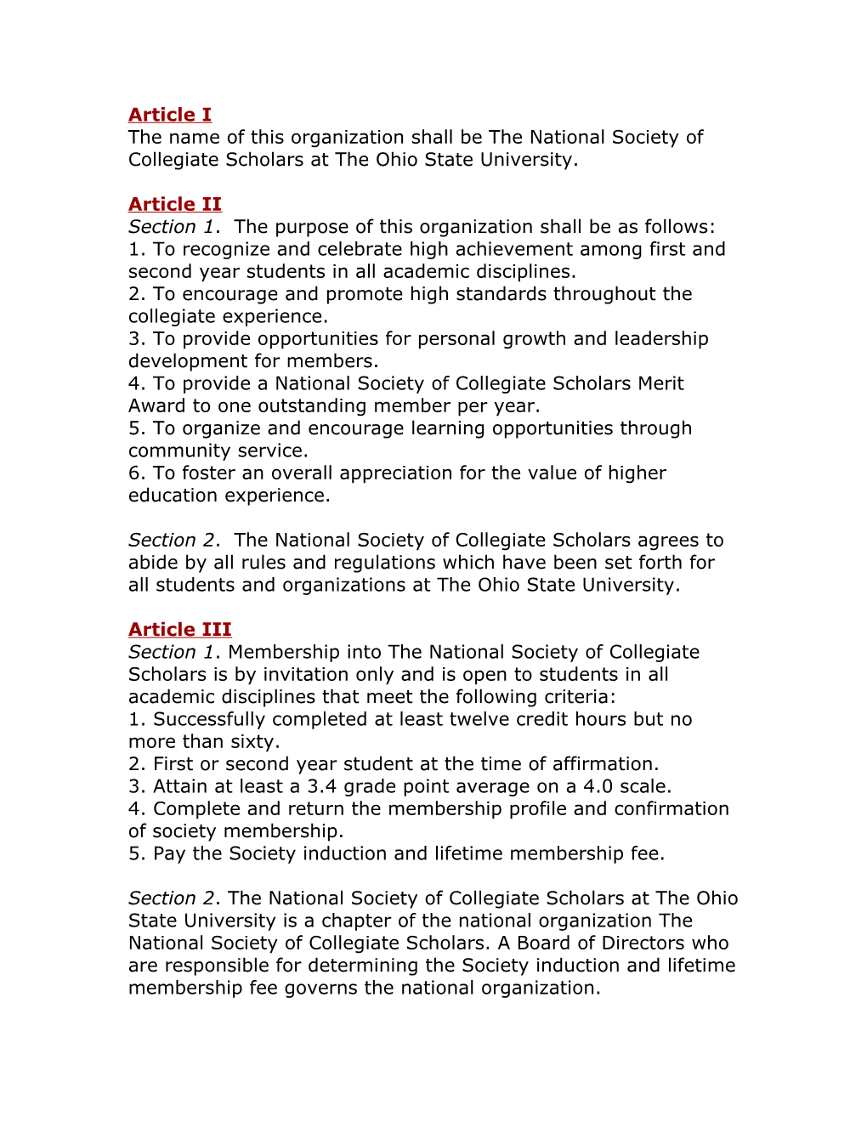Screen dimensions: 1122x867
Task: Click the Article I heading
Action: [170, 115]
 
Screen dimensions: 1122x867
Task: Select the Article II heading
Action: [175, 204]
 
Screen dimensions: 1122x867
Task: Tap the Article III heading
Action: [180, 630]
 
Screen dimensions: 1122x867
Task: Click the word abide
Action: [151, 563]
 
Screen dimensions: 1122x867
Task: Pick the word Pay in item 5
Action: [169, 854]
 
